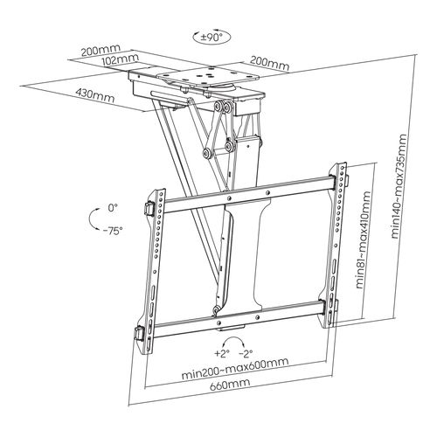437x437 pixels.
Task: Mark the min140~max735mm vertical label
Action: pos(400,191)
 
